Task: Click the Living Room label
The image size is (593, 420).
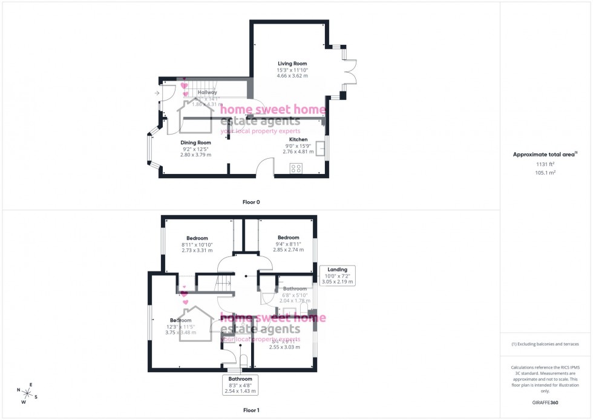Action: [292, 64]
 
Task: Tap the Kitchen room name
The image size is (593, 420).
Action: [298, 139]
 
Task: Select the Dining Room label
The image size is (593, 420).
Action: [195, 142]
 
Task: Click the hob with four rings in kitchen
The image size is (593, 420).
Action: [296, 168]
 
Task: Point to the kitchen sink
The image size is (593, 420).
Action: [321, 148]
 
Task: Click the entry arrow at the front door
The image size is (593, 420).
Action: [157, 93]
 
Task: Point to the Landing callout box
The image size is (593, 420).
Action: [338, 276]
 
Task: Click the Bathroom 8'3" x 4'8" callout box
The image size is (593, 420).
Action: [240, 385]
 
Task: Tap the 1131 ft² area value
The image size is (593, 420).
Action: [545, 164]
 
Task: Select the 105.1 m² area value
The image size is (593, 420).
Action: [545, 172]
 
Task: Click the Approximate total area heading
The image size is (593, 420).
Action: [544, 155]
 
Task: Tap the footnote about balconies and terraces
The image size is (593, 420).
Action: [545, 344]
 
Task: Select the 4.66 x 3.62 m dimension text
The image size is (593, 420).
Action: [292, 76]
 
